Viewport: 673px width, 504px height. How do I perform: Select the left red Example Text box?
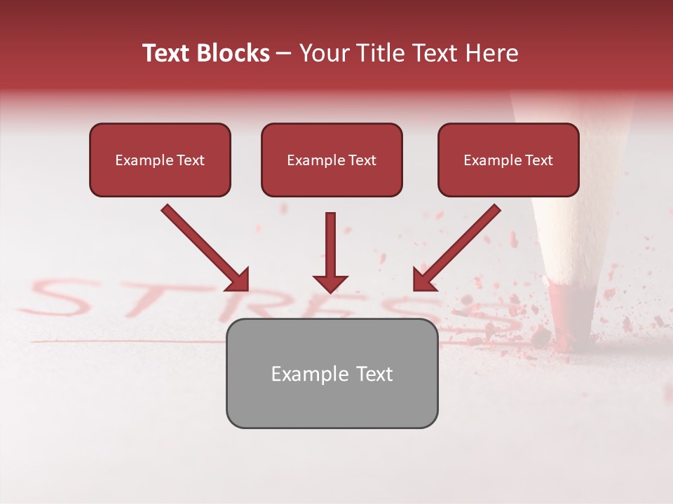tap(160, 160)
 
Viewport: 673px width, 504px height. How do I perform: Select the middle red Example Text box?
tap(332, 160)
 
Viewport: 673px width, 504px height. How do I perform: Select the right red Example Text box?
tap(508, 160)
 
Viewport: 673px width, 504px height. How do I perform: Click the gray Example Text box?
tap(332, 374)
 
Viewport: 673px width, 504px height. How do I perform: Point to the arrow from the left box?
tap(203, 246)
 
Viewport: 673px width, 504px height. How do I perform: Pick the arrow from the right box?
tap(458, 246)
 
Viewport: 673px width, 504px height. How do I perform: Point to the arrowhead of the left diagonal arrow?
tap(238, 280)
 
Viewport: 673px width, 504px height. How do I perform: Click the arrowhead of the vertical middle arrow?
tap(330, 284)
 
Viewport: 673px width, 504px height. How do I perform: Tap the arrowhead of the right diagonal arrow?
tap(423, 280)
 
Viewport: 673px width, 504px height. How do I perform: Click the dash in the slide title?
tap(284, 54)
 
